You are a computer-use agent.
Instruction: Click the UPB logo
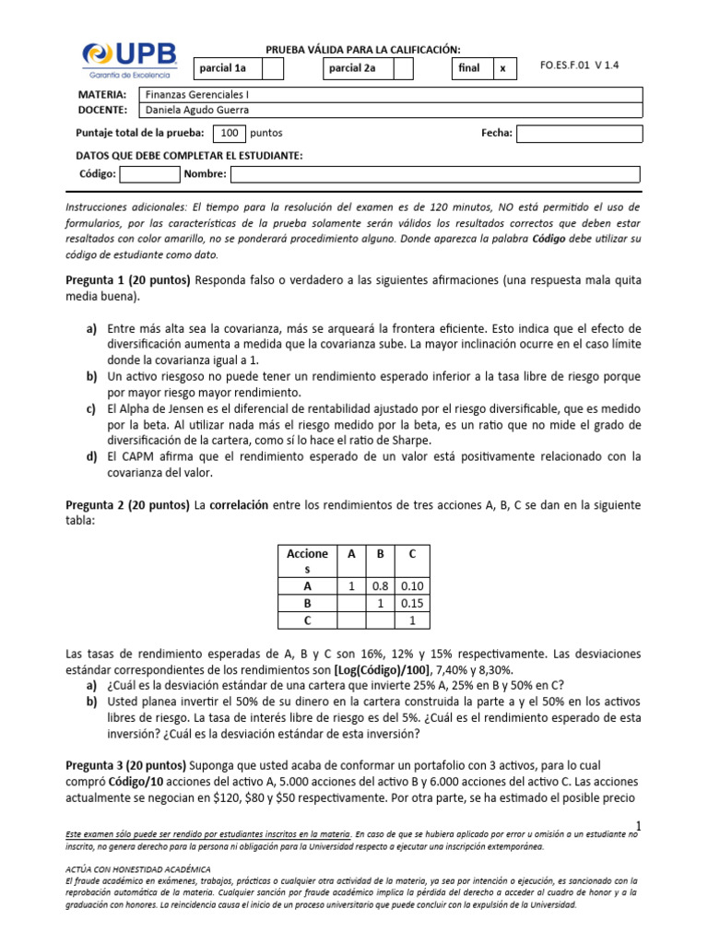(x=128, y=61)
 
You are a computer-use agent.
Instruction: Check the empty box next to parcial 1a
(x=273, y=69)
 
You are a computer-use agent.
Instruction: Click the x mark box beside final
(x=504, y=69)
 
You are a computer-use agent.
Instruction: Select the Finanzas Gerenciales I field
(x=388, y=94)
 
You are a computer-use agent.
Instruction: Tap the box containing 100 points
(x=229, y=133)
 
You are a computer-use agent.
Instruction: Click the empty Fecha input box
(x=579, y=134)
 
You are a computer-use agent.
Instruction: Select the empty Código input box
(x=149, y=174)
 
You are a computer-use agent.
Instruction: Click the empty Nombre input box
(x=434, y=174)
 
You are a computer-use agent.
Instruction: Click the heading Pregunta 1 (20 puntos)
(x=128, y=280)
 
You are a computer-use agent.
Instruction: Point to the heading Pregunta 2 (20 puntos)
(x=128, y=505)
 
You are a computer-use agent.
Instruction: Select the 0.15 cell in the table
(x=412, y=604)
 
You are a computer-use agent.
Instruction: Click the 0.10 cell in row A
(x=412, y=586)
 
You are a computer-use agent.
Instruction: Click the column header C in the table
(x=412, y=555)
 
